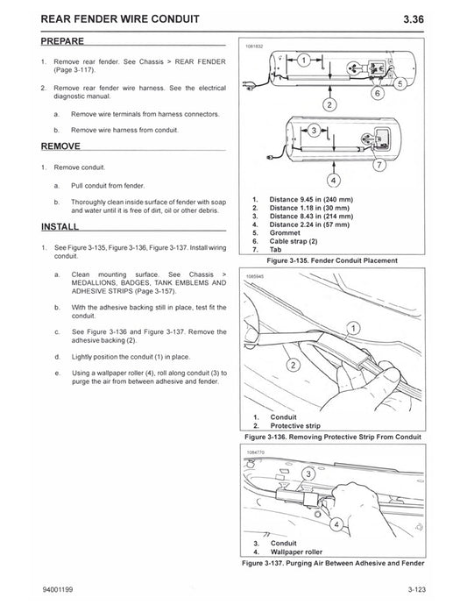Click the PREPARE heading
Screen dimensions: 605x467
tap(64, 41)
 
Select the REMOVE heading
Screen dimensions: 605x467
tap(62, 146)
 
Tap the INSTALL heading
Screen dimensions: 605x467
tap(61, 226)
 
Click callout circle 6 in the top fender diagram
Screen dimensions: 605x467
tap(377, 92)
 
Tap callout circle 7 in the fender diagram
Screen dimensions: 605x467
tap(379, 164)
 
